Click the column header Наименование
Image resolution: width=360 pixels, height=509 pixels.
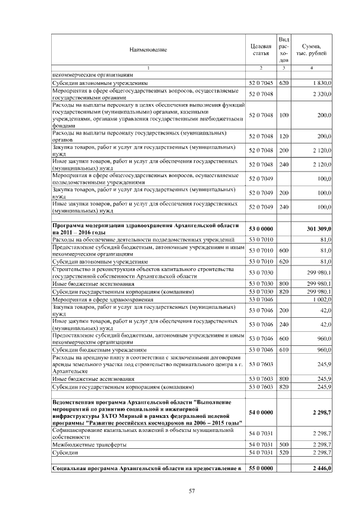click(x=148, y=50)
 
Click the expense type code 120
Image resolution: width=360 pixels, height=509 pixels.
click(x=283, y=137)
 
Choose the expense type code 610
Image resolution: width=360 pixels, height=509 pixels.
click(x=283, y=349)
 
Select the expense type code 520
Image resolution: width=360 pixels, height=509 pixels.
click(x=283, y=453)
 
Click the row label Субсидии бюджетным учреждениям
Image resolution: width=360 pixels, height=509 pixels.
click(x=99, y=349)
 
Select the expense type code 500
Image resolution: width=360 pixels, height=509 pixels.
click(x=283, y=445)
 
